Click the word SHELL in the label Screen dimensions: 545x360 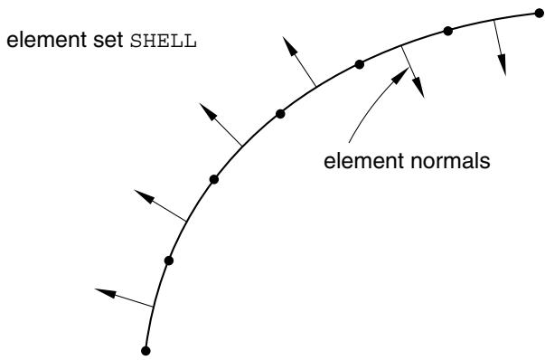(164, 41)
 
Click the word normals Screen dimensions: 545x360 (450, 161)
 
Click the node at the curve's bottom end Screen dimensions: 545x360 (146, 351)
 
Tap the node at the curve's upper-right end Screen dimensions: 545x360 (539, 14)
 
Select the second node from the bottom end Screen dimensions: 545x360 (169, 261)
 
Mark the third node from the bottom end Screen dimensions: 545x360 (214, 179)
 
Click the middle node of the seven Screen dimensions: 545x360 (280, 114)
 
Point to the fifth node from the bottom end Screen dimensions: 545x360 (360, 64)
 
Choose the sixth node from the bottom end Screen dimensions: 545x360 (448, 31)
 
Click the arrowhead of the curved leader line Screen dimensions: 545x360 (400, 75)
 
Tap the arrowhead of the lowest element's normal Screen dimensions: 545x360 (105, 293)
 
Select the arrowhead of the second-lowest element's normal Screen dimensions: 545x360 (144, 196)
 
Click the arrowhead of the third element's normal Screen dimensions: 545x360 (208, 111)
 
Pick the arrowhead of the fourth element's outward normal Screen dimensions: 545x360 (289, 45)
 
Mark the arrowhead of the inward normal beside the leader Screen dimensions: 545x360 (418, 88)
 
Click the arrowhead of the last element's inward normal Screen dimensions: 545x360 (502, 65)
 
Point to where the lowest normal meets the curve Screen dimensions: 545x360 (152, 307)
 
